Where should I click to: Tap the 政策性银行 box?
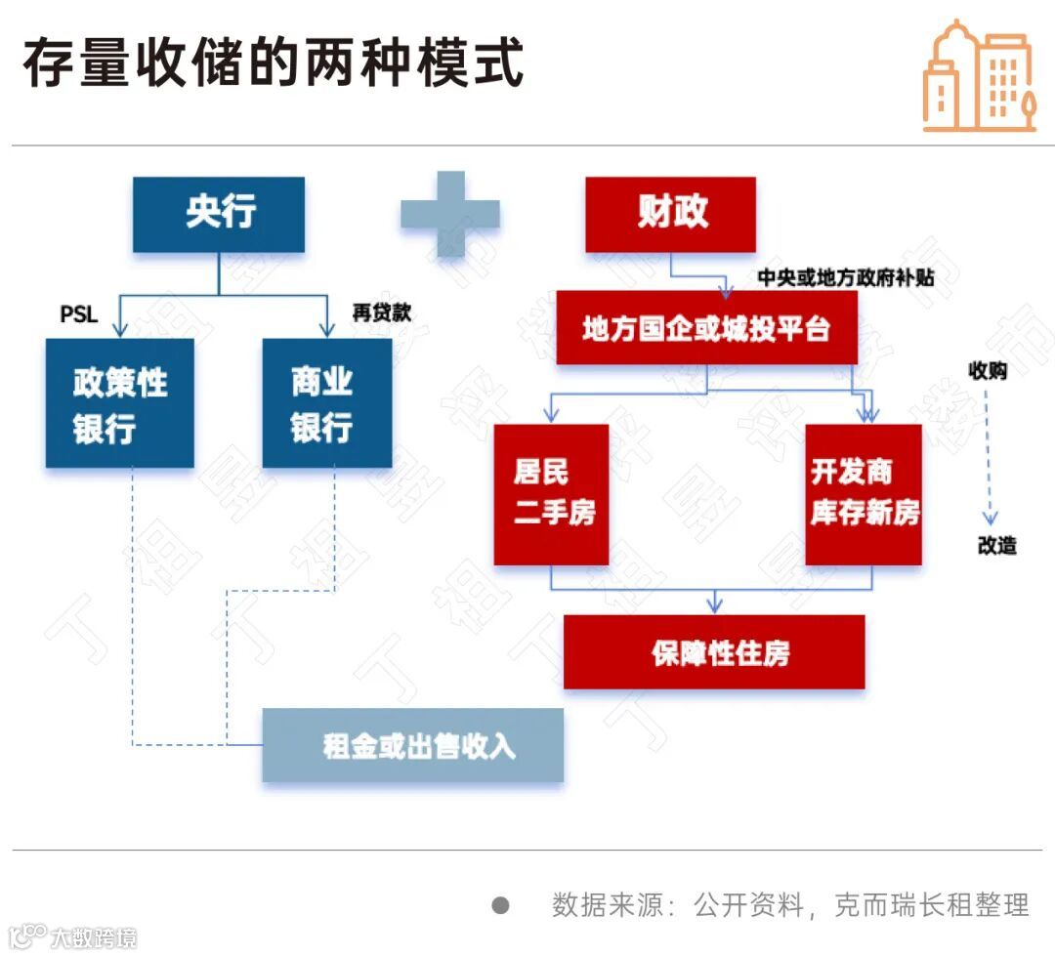119,402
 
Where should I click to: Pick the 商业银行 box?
327,402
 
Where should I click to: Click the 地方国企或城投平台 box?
706,329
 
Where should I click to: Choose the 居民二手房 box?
551,494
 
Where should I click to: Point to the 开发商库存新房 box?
863,494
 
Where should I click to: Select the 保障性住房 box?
714,652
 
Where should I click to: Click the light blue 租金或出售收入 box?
413,745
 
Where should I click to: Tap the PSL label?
79,313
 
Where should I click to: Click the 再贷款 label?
381,312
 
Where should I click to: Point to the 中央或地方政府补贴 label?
846,277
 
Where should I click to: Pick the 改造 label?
996,546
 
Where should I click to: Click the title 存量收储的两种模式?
274,64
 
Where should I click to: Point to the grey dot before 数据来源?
500,905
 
